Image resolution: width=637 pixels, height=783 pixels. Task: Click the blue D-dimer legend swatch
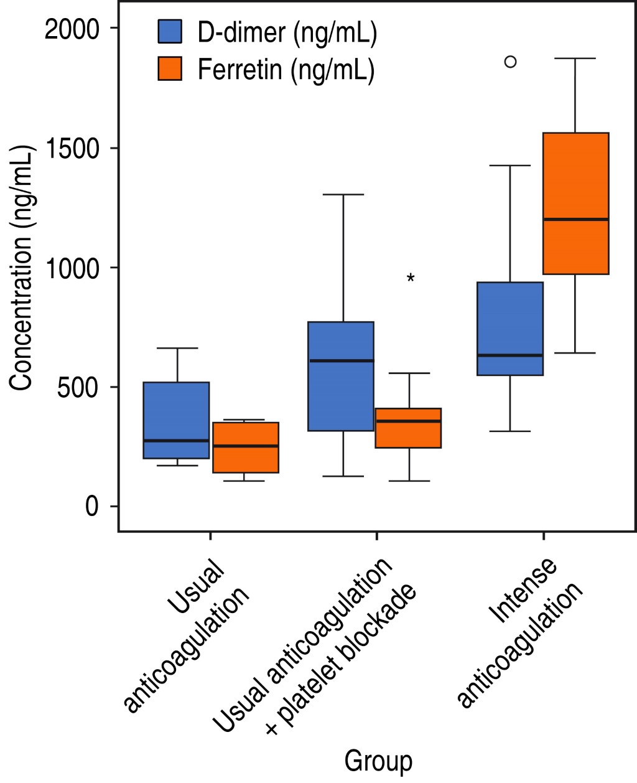[x=170, y=32]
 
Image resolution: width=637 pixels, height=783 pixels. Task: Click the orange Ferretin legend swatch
[x=170, y=68]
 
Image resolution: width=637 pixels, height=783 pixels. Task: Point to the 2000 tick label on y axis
[x=72, y=29]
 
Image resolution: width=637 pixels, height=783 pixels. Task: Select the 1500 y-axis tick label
[x=72, y=149]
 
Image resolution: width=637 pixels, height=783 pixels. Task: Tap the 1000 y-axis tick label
[x=72, y=268]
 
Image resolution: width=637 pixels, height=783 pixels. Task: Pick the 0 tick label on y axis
[x=92, y=507]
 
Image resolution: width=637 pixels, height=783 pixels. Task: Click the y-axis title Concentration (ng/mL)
[x=22, y=268]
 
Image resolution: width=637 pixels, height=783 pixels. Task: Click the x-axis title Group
[x=378, y=761]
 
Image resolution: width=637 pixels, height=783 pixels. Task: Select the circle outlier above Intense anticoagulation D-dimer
[x=510, y=62]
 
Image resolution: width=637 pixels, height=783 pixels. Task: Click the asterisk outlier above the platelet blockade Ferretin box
[x=411, y=279]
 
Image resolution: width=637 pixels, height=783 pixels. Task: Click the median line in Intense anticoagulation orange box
[x=575, y=219]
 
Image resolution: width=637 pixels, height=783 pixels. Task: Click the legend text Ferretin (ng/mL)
[x=286, y=70]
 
